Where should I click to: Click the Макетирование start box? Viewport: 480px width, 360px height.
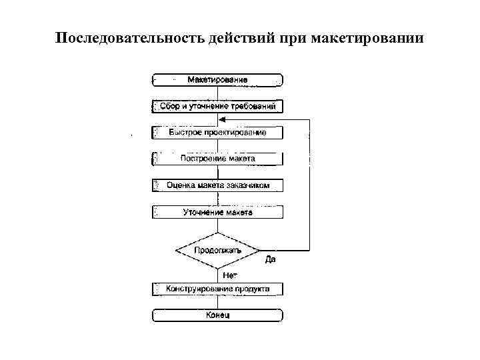(x=217, y=79)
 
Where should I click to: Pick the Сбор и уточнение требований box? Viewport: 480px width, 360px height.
(x=217, y=106)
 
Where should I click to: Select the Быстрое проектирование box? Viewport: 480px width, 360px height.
(x=217, y=133)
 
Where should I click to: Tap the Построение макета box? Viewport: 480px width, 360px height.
(x=217, y=159)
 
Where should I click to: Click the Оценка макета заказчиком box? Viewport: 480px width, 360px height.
(x=217, y=185)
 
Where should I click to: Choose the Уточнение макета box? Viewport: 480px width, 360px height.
(x=217, y=212)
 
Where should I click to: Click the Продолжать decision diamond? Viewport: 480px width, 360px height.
(x=217, y=251)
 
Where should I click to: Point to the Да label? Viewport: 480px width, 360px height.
(x=270, y=259)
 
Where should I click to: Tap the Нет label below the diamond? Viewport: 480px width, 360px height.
(x=229, y=274)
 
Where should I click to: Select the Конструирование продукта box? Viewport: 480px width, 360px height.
(x=217, y=289)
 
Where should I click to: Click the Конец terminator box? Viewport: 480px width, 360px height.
(x=217, y=315)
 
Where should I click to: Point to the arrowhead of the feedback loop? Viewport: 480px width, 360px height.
(x=223, y=119)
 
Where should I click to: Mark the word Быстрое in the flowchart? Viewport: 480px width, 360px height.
(x=182, y=133)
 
